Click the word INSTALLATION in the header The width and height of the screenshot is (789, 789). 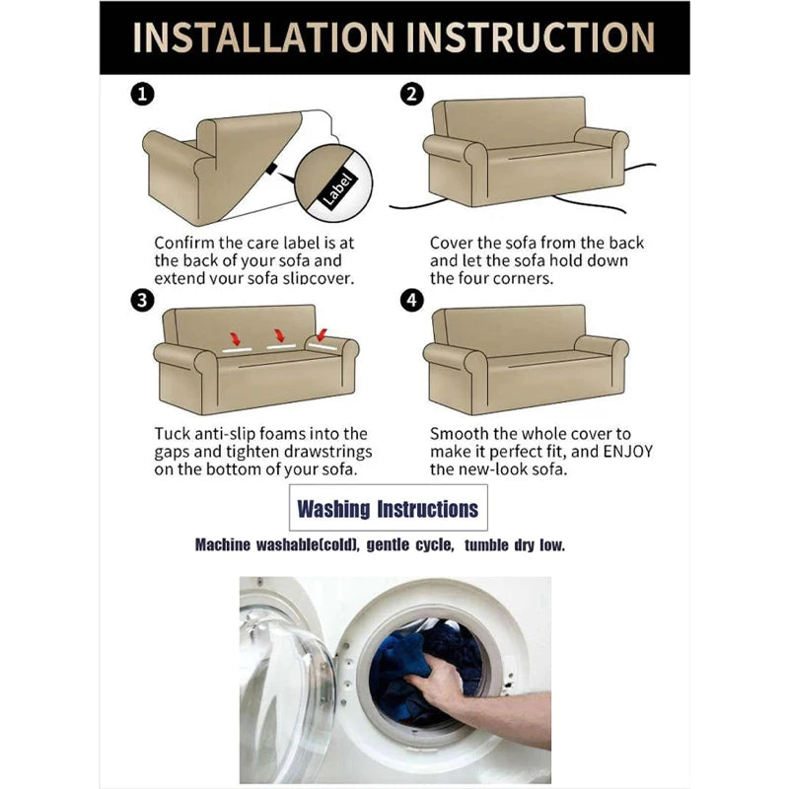[x=262, y=37]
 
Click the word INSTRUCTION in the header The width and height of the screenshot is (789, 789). [x=531, y=37]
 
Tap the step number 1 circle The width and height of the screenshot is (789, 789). [x=142, y=94]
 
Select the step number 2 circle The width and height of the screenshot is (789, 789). [x=411, y=94]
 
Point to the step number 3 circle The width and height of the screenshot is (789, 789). [x=142, y=301]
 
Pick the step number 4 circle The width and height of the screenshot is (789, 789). [x=411, y=301]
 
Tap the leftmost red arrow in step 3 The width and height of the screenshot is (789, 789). [x=235, y=338]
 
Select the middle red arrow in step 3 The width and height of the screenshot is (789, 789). [x=279, y=336]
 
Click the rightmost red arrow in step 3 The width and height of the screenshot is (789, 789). [x=323, y=334]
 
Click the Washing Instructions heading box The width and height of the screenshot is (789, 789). [x=388, y=507]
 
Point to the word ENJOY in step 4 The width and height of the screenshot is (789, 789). [x=627, y=452]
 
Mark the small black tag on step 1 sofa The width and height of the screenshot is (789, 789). [x=272, y=169]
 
